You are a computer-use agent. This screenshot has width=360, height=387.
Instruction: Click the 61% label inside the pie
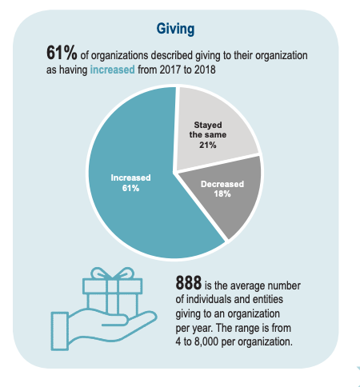(x=131, y=188)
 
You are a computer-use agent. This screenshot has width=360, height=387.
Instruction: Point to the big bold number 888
(x=189, y=285)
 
